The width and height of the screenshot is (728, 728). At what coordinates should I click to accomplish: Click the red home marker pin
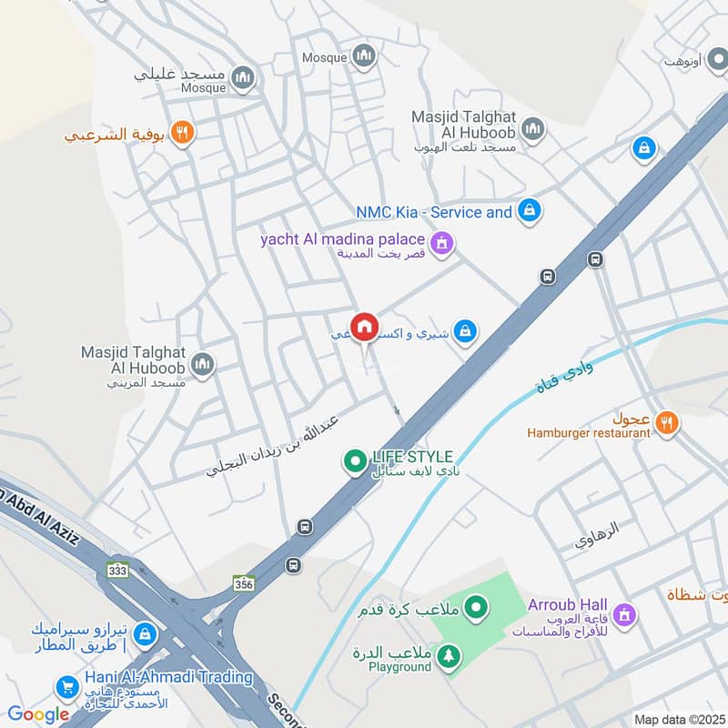tap(364, 327)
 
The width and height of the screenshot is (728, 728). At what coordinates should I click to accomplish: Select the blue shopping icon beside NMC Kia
tap(528, 212)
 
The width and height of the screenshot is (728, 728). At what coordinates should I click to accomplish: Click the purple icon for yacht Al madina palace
tap(442, 243)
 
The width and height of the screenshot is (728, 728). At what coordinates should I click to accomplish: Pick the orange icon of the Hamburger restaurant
tap(667, 423)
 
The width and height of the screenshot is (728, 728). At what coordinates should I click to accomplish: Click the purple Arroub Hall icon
tap(623, 615)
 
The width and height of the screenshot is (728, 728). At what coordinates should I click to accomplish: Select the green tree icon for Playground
tap(448, 655)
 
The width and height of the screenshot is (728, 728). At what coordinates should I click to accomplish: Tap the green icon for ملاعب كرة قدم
tap(475, 606)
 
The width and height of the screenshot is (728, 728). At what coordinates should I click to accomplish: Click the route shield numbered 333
tap(116, 570)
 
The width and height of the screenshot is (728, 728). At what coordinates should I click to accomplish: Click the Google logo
tap(38, 714)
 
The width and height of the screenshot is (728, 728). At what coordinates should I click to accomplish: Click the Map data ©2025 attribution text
tap(677, 719)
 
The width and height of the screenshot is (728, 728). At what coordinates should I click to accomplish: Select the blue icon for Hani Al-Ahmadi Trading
tap(66, 687)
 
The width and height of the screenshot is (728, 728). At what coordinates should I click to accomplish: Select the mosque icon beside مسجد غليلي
tap(242, 79)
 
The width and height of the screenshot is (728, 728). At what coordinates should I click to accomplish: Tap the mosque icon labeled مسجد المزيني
tap(202, 364)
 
